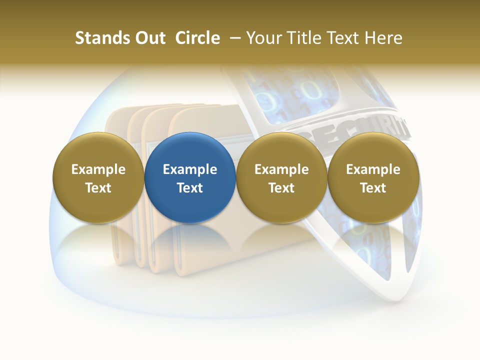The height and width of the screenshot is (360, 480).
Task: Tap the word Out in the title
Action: (x=149, y=38)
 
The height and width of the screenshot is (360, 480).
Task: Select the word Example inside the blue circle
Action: (x=190, y=169)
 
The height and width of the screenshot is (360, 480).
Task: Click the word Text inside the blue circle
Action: (x=190, y=188)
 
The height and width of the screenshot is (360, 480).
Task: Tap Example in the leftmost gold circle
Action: (x=98, y=169)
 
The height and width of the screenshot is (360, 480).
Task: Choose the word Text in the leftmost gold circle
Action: (x=98, y=188)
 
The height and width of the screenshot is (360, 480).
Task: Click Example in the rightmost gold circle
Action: (x=373, y=169)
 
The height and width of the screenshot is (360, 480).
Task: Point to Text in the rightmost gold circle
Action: (x=373, y=188)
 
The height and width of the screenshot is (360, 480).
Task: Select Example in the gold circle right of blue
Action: (x=281, y=169)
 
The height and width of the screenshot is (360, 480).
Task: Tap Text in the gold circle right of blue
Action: (x=281, y=188)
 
